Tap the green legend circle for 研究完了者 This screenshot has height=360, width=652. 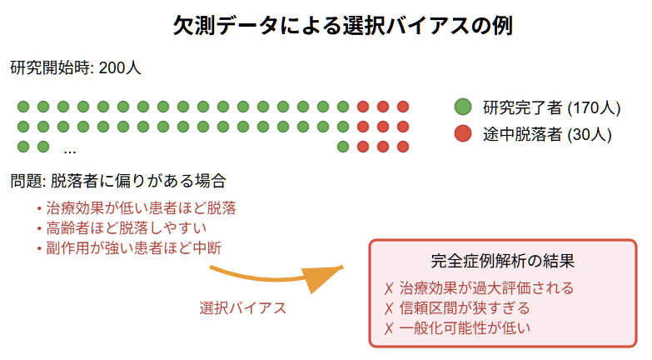point(463,107)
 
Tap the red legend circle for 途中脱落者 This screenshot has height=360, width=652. point(463,133)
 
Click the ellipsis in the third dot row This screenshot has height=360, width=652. point(70,149)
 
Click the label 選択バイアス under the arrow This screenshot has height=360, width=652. point(243,307)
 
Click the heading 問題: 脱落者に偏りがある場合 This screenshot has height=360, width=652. point(118,180)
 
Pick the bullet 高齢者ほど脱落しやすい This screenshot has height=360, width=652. point(126,227)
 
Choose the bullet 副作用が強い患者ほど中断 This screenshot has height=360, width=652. point(133,247)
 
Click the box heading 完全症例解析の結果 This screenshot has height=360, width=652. point(503,261)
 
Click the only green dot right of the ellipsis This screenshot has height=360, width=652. point(343,147)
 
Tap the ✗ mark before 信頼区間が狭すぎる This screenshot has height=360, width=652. point(389,308)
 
